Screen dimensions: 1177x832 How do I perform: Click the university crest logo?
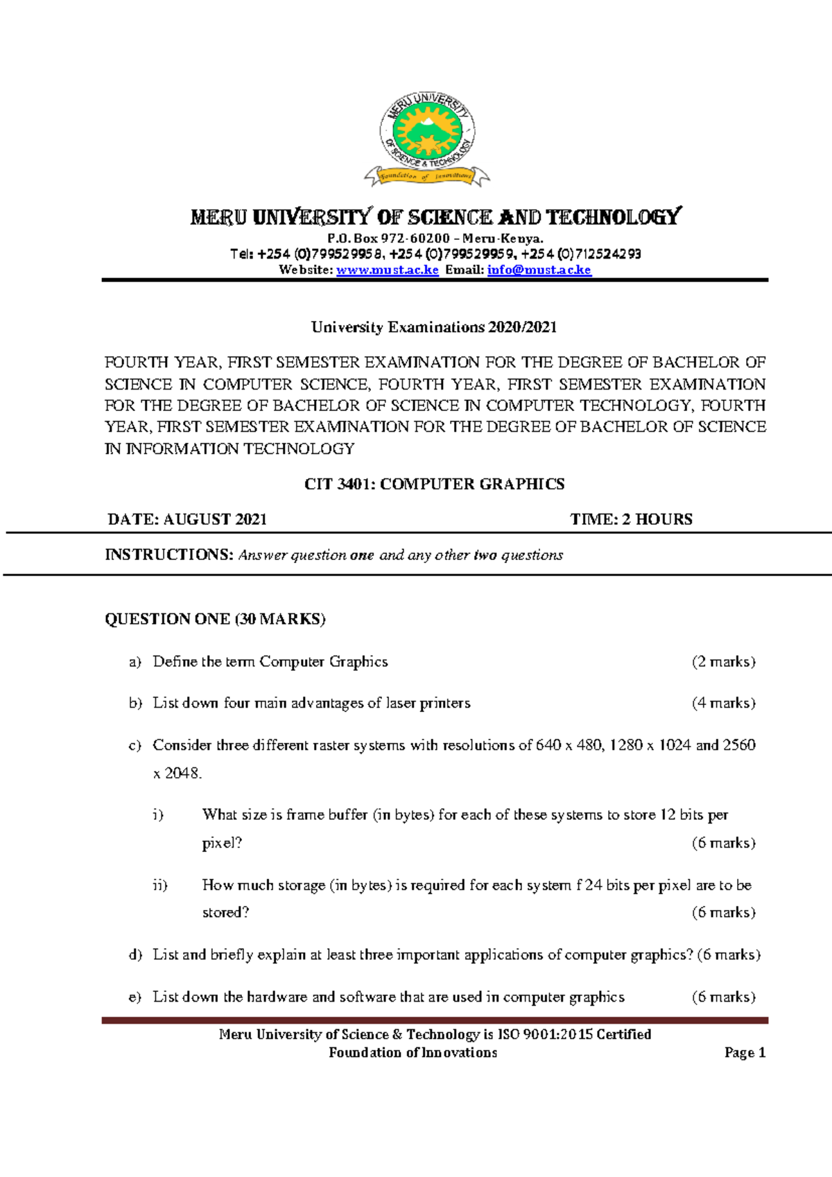427,139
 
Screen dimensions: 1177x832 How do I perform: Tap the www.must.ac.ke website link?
387,270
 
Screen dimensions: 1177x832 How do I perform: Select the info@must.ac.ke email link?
539,270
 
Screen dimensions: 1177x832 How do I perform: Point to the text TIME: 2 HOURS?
631,520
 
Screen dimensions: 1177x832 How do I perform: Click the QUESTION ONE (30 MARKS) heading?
215,619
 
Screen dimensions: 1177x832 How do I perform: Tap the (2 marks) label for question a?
723,662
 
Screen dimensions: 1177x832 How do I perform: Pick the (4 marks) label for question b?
723,704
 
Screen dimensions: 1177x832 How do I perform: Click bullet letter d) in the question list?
135,955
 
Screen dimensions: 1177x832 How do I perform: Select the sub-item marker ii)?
160,886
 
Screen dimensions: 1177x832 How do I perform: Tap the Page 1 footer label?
745,1053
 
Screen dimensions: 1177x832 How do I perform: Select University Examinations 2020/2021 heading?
434,327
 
